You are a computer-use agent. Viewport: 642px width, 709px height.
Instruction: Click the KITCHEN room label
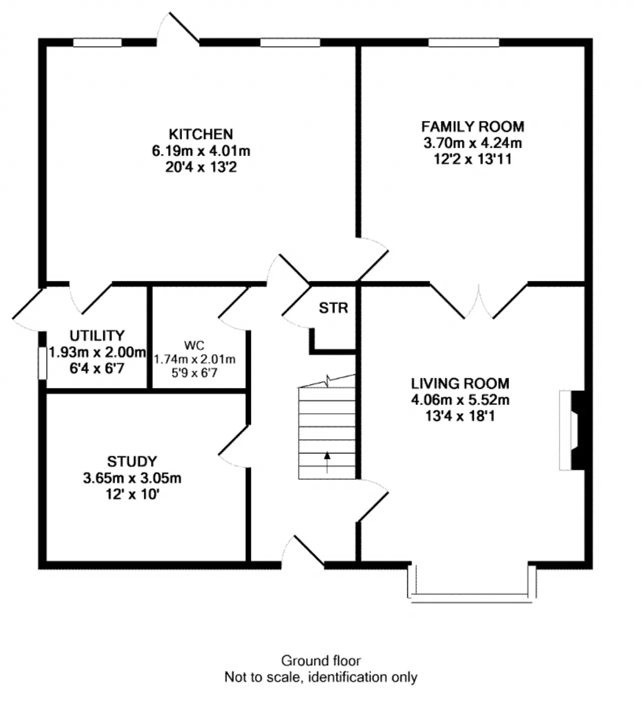(x=201, y=134)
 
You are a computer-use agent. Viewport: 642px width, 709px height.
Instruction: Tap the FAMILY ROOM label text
(x=472, y=126)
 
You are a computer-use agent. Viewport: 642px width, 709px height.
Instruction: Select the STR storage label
(x=333, y=308)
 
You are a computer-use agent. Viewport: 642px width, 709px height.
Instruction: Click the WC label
(x=194, y=345)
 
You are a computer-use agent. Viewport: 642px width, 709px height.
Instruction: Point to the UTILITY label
(x=97, y=335)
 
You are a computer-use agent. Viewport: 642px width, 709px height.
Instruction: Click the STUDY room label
(x=132, y=461)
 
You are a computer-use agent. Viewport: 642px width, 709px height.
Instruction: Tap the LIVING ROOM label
(x=459, y=383)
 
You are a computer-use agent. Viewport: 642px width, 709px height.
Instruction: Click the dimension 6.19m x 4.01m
(x=201, y=151)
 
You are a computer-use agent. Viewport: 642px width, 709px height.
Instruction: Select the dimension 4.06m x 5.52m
(x=459, y=400)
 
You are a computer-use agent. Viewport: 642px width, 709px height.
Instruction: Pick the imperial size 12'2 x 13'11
(x=472, y=160)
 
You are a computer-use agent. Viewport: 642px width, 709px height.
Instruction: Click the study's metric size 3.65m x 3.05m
(x=132, y=478)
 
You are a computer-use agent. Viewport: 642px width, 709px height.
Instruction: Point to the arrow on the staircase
(x=327, y=462)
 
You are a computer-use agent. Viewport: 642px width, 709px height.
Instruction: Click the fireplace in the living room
(x=572, y=430)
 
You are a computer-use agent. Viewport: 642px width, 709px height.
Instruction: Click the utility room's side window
(x=43, y=363)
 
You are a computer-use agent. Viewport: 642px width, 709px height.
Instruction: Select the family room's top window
(x=463, y=43)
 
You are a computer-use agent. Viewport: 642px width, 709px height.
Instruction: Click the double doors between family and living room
(x=479, y=301)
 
